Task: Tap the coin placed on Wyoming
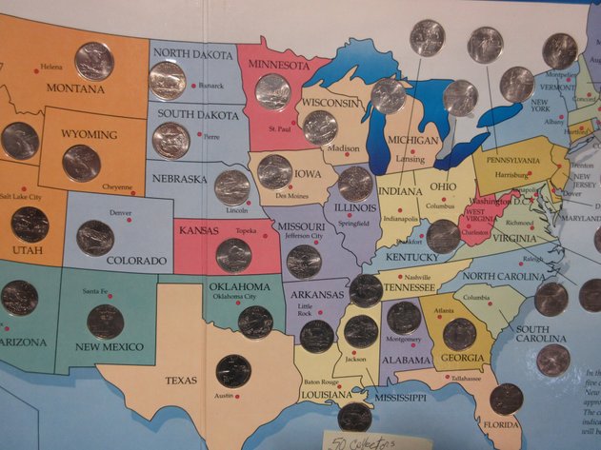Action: tap(81, 163)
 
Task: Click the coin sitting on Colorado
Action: tap(95, 238)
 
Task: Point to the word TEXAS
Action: tap(181, 380)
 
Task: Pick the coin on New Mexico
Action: tap(105, 322)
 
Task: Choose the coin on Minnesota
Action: tap(272, 92)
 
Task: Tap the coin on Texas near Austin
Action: tap(232, 371)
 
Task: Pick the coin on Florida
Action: tap(506, 399)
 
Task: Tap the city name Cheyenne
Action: tap(118, 187)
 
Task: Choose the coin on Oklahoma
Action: tap(255, 323)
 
